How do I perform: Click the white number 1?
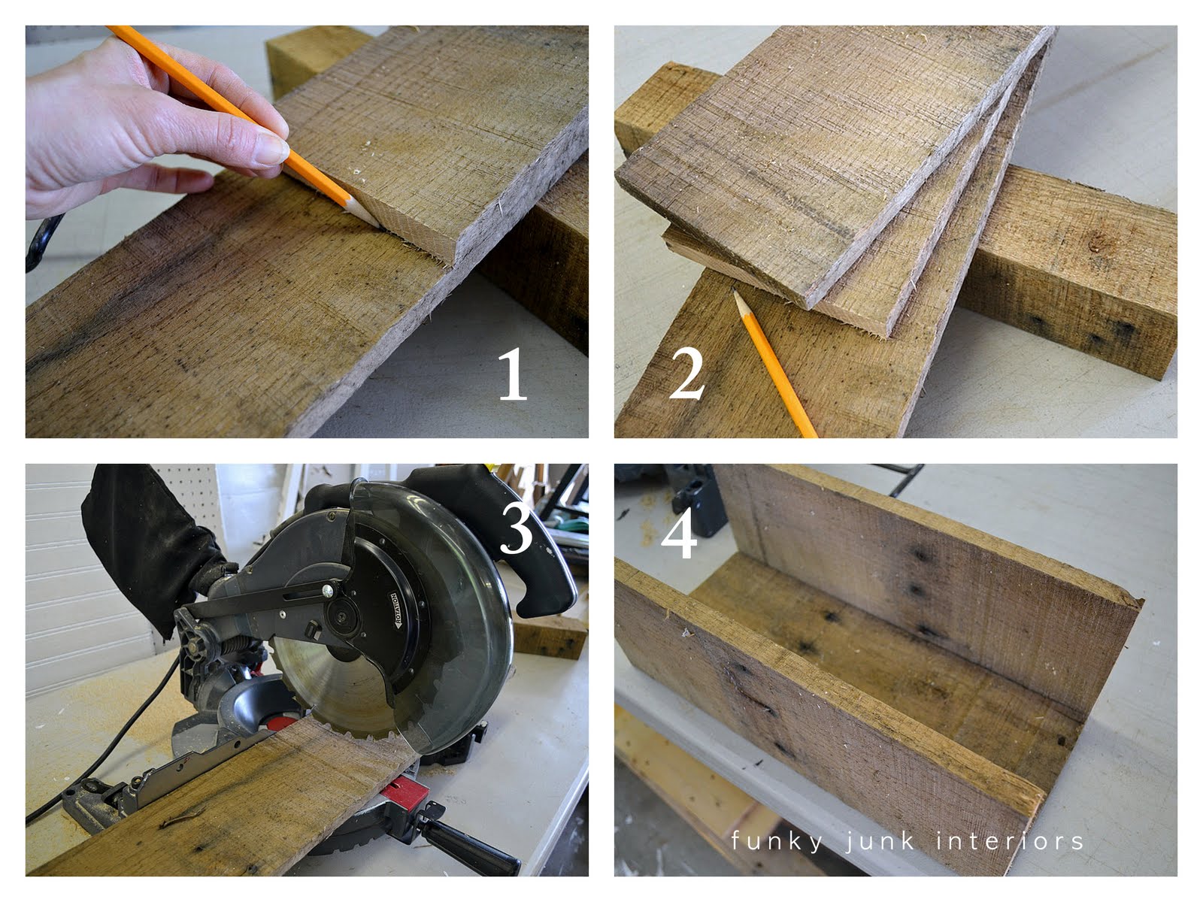(x=512, y=374)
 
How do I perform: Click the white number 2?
(x=686, y=374)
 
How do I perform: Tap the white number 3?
(x=517, y=528)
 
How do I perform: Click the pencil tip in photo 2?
(x=735, y=292)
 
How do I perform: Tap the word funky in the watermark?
(x=777, y=841)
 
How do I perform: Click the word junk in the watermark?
(x=879, y=841)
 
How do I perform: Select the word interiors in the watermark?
(x=1010, y=840)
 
